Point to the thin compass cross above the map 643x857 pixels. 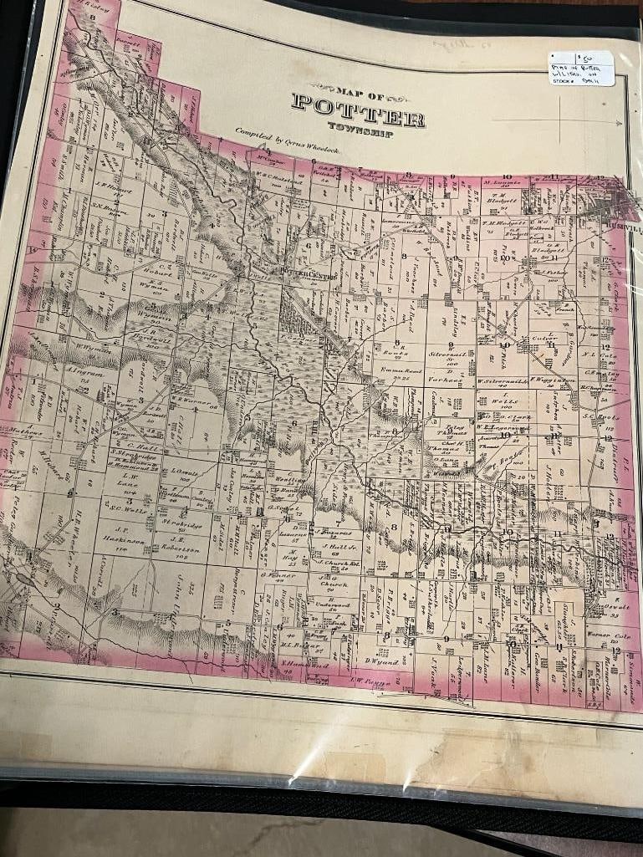pos(537,122)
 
